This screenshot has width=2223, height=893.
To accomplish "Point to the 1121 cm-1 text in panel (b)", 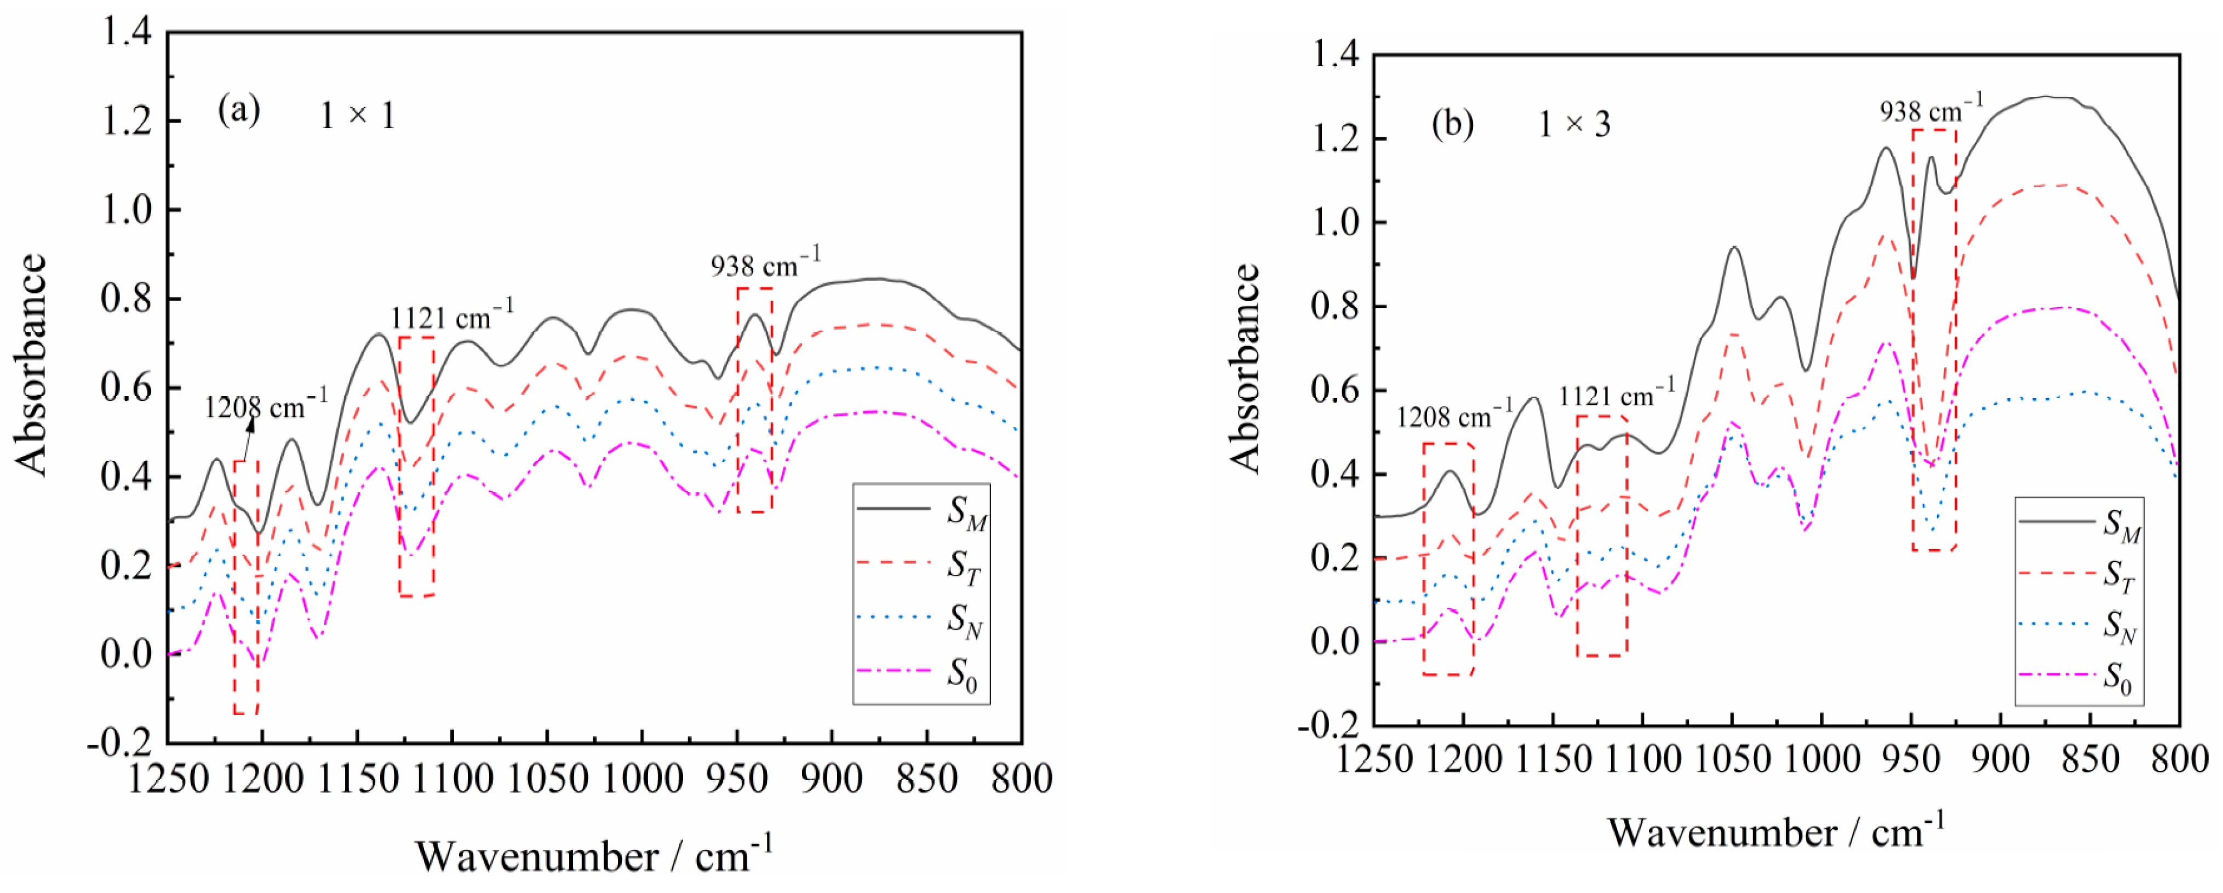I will click(x=1617, y=395).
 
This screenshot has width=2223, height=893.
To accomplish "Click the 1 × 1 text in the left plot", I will click(x=357, y=116).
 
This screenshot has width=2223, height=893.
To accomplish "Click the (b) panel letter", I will click(x=1452, y=124).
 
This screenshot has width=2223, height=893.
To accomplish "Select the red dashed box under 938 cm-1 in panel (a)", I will click(x=754, y=400).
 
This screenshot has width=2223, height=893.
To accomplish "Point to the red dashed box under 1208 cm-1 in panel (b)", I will click(x=1447, y=558).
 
